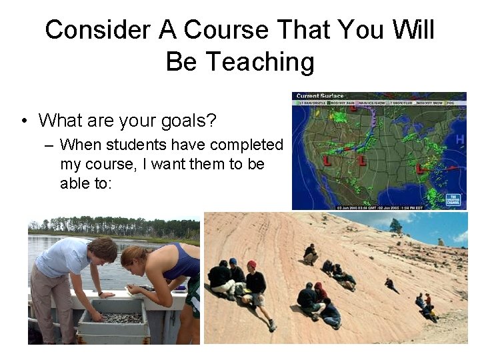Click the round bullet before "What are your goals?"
(x=24, y=121)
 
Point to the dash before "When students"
(x=49, y=145)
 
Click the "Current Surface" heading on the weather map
(x=320, y=96)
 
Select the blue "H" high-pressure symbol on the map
(x=459, y=139)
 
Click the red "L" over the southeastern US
(x=420, y=169)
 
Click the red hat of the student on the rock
(x=251, y=265)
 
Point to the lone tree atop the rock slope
(x=395, y=225)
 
